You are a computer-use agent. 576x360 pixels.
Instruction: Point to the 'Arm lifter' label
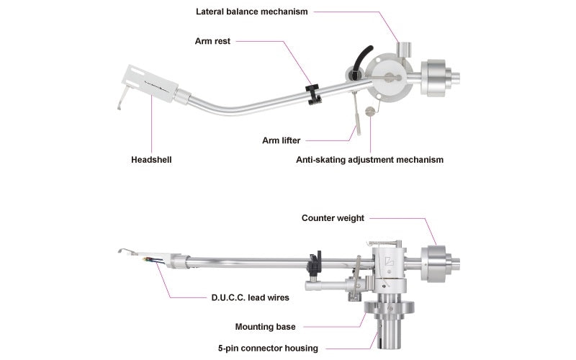(x=282, y=140)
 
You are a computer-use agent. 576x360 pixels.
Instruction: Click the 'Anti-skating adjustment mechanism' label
(x=369, y=159)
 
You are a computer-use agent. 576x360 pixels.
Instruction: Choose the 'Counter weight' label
(x=333, y=217)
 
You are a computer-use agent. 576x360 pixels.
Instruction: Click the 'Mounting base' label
(x=266, y=326)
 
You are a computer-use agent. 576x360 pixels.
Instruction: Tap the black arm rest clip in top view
(x=311, y=93)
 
